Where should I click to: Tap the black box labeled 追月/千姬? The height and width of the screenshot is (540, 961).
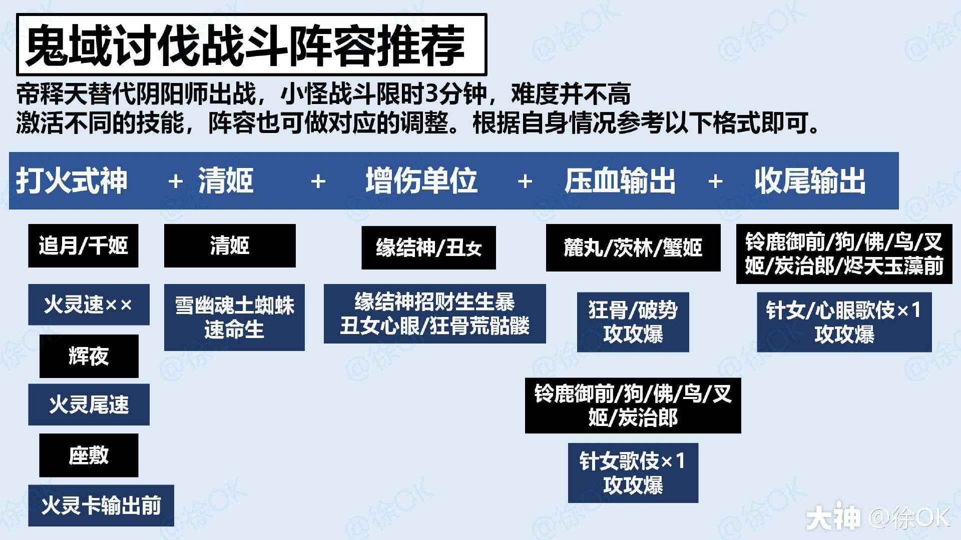pos(83,245)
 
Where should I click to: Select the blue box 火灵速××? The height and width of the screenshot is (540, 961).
pos(89,304)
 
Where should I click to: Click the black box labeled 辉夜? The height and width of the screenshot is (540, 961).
pos(89,356)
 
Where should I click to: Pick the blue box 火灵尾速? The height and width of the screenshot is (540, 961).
pos(89,404)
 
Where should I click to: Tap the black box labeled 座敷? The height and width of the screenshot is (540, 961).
pos(89,455)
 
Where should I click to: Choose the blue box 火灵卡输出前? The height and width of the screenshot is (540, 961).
pos(101,505)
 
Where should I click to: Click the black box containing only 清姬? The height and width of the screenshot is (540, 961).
pos(230,245)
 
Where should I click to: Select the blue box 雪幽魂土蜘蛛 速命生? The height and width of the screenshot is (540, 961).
pos(234,317)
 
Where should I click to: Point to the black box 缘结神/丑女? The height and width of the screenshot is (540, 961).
pos(428,247)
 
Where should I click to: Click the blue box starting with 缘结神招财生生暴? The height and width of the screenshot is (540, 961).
pos(434,313)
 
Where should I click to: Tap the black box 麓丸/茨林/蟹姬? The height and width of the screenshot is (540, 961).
pos(633,247)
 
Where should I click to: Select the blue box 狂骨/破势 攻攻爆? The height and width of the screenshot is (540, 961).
pos(633,322)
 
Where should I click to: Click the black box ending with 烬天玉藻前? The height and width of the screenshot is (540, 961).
pos(844,254)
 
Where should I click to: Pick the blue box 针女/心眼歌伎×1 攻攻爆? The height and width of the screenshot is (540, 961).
pos(844,322)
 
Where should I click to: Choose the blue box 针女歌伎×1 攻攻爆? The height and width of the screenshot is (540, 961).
pos(633,472)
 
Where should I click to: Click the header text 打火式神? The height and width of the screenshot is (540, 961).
pos(72,180)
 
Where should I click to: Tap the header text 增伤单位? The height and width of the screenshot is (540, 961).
pos(421,180)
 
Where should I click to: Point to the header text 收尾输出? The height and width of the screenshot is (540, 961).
pos(810,180)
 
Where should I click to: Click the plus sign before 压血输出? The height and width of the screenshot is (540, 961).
pos(525,181)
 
